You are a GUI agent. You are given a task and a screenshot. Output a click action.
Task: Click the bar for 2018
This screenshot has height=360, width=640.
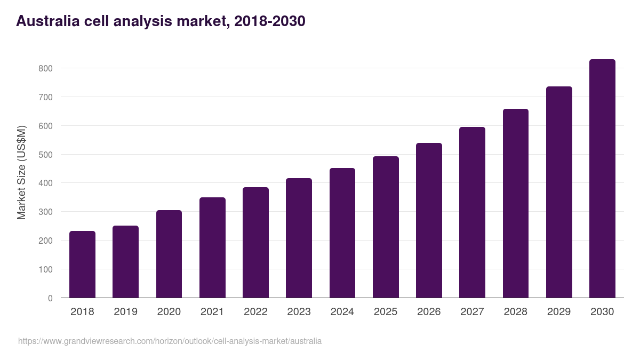pos(82,265)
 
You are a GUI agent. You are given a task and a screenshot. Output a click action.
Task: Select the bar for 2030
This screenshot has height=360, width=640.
pos(602,179)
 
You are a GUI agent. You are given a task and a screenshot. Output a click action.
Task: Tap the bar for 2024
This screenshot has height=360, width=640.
pos(342,233)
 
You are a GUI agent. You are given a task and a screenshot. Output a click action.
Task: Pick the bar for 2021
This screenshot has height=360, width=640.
pos(212,247)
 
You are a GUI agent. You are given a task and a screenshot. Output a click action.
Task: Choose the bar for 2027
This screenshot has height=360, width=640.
pos(472,212)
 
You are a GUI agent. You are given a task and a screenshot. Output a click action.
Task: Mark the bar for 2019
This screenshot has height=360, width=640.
pos(125,262)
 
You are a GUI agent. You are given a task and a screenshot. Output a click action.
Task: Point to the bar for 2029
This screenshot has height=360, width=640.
pos(559,192)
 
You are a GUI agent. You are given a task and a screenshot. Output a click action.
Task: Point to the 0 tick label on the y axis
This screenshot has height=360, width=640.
pos(50,298)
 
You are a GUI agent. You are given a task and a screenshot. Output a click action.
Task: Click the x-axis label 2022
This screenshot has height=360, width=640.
pos(255,312)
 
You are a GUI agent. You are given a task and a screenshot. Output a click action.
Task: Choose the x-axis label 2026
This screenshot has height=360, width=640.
pos(429,312)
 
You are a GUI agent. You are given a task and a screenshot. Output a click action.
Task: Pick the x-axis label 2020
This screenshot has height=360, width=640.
pos(169,312)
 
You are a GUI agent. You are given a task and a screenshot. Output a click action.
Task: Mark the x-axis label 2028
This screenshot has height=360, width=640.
pos(516,312)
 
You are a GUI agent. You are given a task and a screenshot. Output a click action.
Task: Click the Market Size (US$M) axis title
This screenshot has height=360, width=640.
pos(21,172)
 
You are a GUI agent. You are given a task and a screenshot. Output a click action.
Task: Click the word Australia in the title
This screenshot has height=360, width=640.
pos(47,21)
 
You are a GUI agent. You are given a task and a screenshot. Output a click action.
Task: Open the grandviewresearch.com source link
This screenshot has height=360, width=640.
pos(170,341)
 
